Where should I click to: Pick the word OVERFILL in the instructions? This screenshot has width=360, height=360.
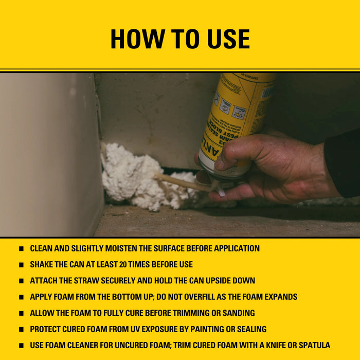click(213, 297)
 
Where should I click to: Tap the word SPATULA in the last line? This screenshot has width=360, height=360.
click(310, 345)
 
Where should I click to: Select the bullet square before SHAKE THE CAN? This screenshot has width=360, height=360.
click(21, 265)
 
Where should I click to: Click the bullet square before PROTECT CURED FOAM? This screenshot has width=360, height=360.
click(21, 329)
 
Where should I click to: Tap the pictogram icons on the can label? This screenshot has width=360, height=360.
click(226, 105)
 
